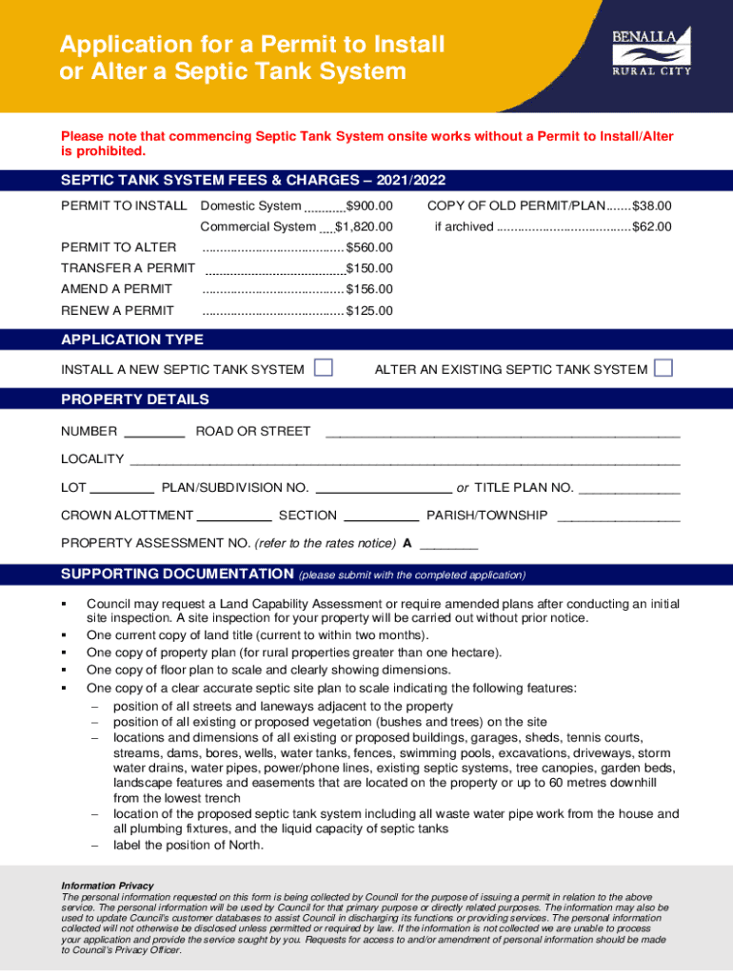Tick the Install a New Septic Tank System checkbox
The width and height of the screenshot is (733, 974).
[324, 368]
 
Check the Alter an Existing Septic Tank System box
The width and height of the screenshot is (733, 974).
[664, 368]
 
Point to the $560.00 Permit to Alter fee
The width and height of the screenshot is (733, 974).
[369, 247]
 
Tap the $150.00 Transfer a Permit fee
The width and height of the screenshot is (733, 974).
[369, 268]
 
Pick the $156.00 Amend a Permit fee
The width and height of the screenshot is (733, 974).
[369, 289]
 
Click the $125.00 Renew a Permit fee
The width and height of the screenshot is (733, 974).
[369, 311]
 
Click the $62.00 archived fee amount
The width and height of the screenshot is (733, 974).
[652, 226]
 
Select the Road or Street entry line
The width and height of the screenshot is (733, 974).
[503, 434]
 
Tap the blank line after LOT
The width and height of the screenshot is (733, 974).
[122, 491]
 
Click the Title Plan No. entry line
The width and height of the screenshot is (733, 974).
[629, 491]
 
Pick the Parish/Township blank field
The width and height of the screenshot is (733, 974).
[619, 518]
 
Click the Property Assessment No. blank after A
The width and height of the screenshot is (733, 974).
[448, 547]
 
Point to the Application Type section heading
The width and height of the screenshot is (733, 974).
[132, 340]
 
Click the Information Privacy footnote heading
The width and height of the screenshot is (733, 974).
[107, 886]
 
